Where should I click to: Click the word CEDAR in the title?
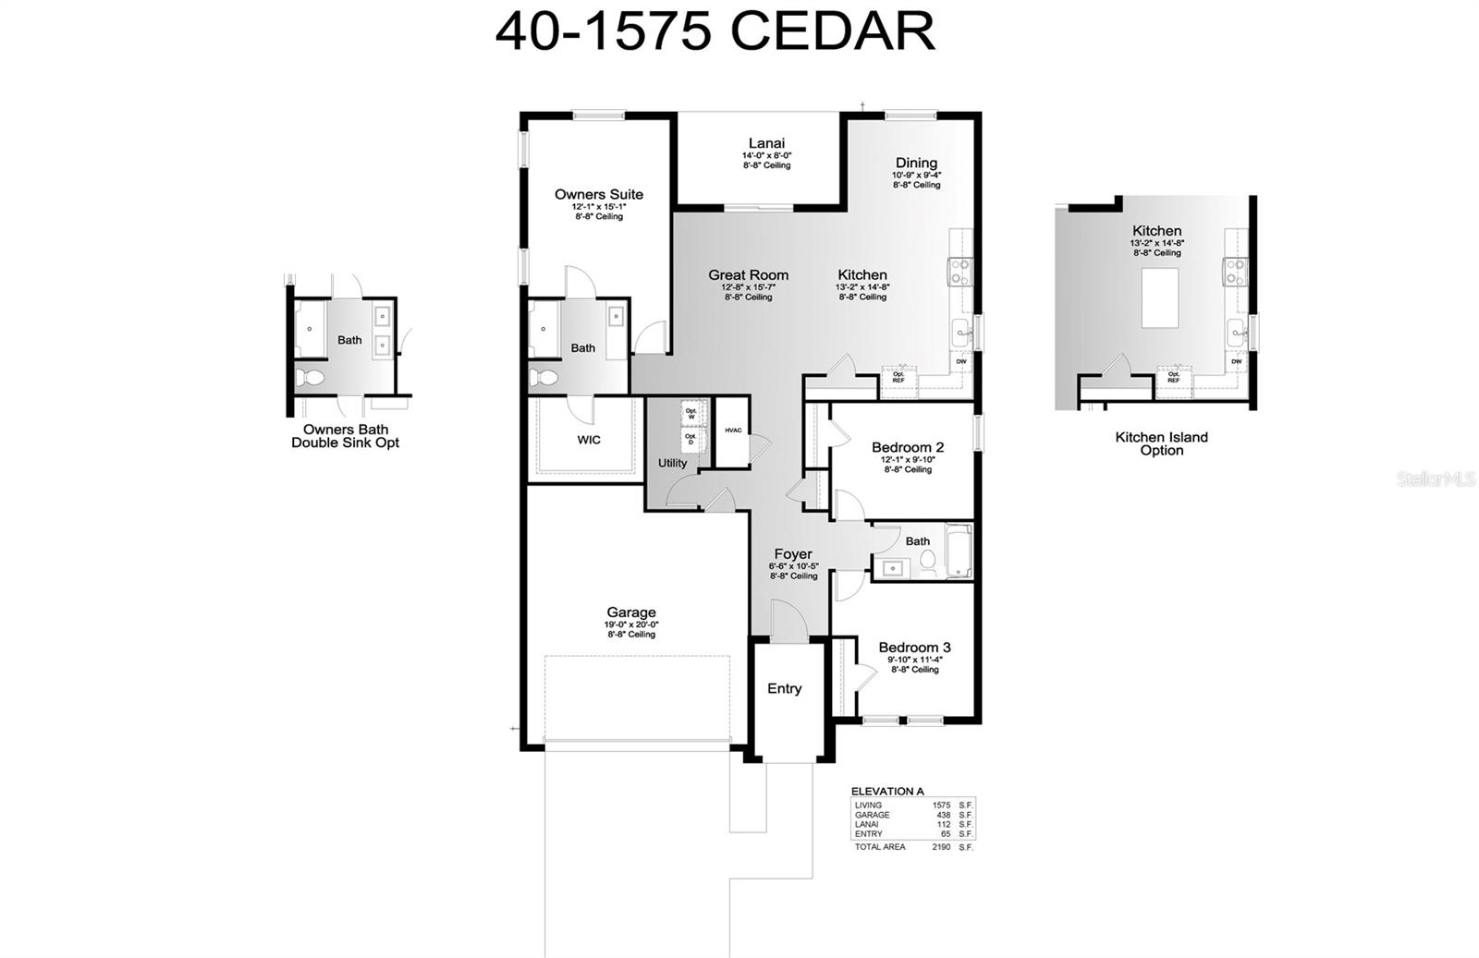832,31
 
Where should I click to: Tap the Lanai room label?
766,143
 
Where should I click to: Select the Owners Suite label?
598,194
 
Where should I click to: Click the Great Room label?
748,275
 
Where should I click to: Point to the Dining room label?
915,163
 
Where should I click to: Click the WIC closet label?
589,440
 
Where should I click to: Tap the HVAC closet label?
733,430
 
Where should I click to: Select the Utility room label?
672,463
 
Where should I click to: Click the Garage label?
631,612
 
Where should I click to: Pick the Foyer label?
793,554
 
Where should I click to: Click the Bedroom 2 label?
907,448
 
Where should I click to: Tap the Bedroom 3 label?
913,648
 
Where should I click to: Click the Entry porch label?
784,688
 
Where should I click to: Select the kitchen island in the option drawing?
1159,297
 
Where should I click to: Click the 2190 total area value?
940,846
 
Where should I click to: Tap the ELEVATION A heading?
886,791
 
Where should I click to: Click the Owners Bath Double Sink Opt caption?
345,436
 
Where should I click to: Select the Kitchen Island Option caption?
1161,443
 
